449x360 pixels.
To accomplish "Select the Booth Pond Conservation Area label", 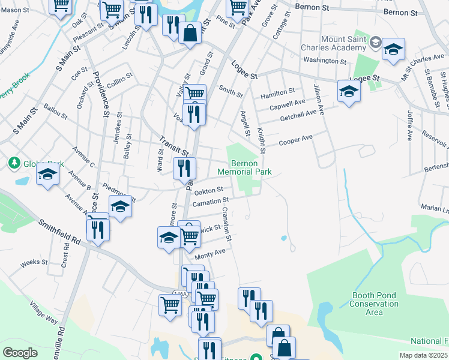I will (x=374, y=304).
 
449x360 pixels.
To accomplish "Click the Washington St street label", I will (x=325, y=61).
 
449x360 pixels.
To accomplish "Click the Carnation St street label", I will (x=211, y=202).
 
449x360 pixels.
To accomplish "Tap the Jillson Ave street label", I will (x=318, y=100).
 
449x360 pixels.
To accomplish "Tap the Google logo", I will (x=20, y=352).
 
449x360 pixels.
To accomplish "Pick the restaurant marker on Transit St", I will (x=184, y=169).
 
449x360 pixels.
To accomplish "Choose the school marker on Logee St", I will (x=348, y=92).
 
